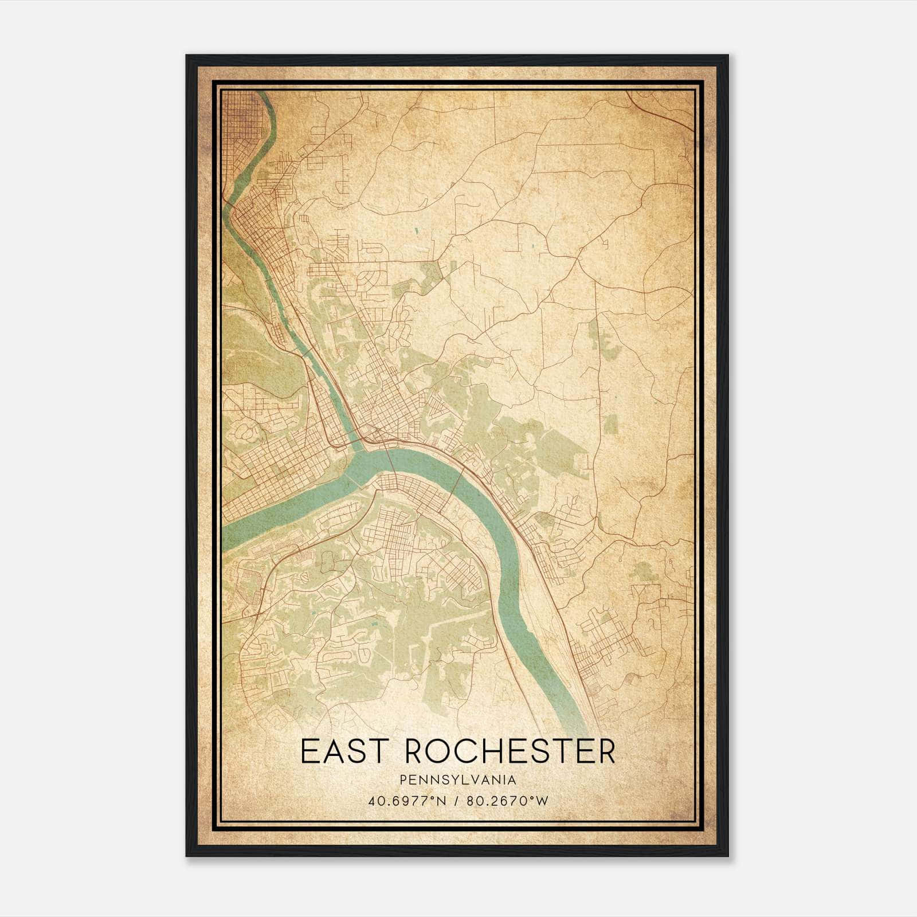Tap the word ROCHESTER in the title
(x=511, y=752)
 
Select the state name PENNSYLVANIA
(x=458, y=780)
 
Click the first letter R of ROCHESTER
(x=417, y=752)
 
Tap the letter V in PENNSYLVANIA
(x=471, y=780)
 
